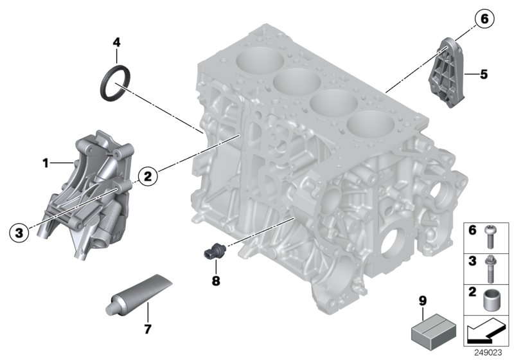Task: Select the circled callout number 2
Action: click(147, 174)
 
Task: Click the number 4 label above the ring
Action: click(116, 43)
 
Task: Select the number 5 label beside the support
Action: click(484, 75)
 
